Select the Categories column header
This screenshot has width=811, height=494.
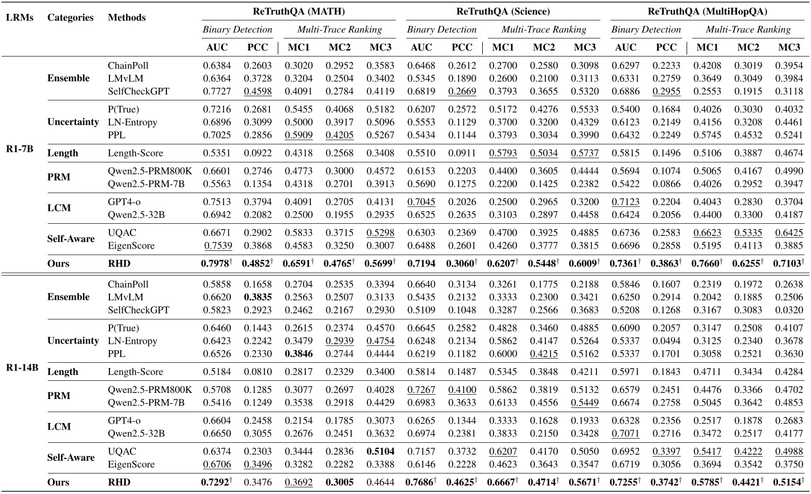(x=70, y=17)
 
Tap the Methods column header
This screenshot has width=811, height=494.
(x=126, y=17)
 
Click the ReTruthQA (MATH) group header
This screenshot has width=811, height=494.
(x=299, y=11)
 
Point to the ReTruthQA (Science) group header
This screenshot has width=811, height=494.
(x=503, y=11)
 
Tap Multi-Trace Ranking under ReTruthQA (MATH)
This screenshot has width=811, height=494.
(x=340, y=29)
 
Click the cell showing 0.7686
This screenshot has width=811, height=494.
(x=421, y=481)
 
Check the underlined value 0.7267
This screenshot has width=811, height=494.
(x=421, y=390)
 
